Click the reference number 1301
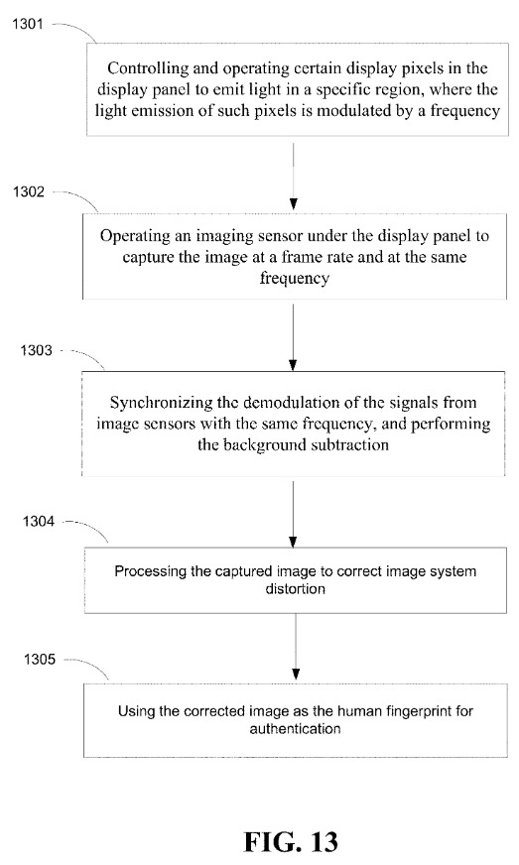click(x=28, y=24)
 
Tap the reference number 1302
click(x=29, y=191)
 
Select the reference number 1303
click(x=36, y=350)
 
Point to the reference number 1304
click(x=39, y=521)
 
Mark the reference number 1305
click(x=40, y=659)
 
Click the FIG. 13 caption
click(x=291, y=842)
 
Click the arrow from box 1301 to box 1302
click(x=294, y=176)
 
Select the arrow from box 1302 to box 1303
click(x=293, y=337)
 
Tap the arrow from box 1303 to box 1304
click(x=293, y=514)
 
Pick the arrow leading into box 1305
click(x=296, y=647)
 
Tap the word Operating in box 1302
click(x=135, y=236)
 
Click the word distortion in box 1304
click(x=296, y=588)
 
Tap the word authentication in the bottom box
click(x=296, y=729)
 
